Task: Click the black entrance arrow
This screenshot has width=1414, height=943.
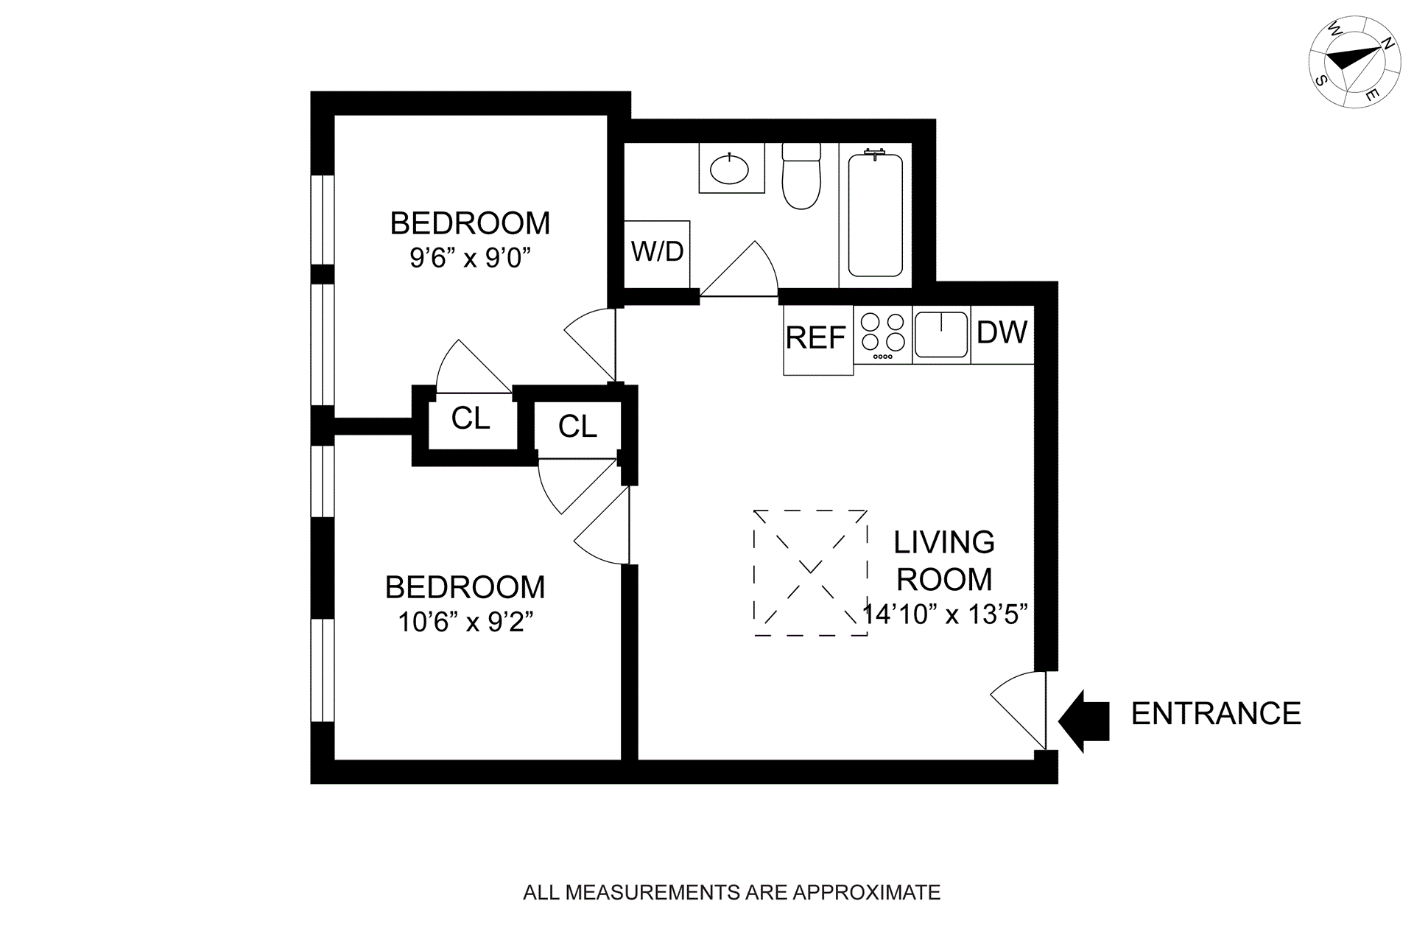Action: pyautogui.click(x=1086, y=721)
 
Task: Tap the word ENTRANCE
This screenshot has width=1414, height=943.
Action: pyautogui.click(x=1216, y=714)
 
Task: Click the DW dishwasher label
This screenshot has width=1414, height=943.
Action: pyautogui.click(x=1002, y=333)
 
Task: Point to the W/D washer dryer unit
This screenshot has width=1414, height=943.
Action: pyautogui.click(x=657, y=253)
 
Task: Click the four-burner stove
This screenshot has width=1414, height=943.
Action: pyautogui.click(x=883, y=335)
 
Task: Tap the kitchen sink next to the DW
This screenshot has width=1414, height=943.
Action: pyautogui.click(x=941, y=334)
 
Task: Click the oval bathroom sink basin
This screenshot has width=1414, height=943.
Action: pyautogui.click(x=730, y=170)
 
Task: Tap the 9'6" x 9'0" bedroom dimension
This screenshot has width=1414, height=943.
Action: pyautogui.click(x=471, y=259)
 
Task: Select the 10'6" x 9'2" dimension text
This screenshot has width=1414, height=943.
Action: pyautogui.click(x=465, y=623)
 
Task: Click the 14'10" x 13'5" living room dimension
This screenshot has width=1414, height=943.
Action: pyautogui.click(x=945, y=614)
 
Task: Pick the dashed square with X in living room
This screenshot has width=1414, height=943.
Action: pyautogui.click(x=810, y=572)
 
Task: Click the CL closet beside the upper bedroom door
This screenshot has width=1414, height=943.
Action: pyautogui.click(x=471, y=419)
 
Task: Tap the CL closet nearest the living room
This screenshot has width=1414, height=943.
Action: pyautogui.click(x=577, y=427)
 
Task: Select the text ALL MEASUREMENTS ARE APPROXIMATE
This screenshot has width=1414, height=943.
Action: pyautogui.click(x=731, y=893)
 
